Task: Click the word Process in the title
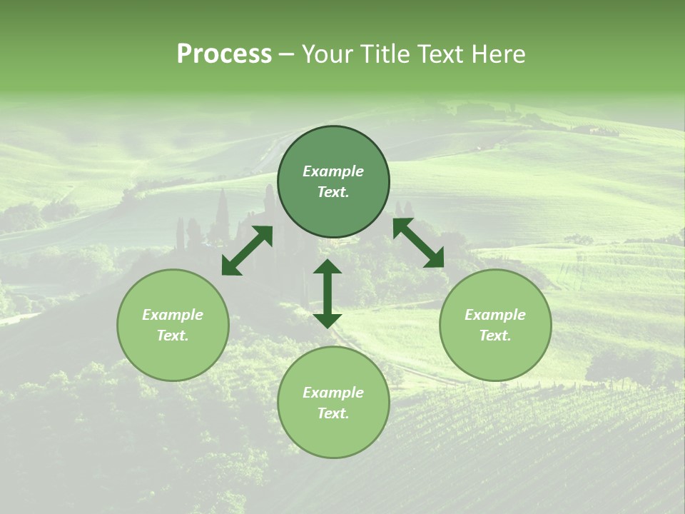(224, 54)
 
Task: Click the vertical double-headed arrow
(328, 293)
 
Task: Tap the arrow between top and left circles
(247, 251)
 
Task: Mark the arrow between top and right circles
(418, 243)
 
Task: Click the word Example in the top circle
(333, 171)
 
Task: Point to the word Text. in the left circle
(173, 336)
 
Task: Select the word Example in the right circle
(495, 315)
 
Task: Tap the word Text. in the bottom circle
(333, 413)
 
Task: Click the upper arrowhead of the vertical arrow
(328, 267)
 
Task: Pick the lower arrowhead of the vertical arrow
(328, 319)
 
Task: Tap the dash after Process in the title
(287, 56)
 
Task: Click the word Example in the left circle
(173, 315)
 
